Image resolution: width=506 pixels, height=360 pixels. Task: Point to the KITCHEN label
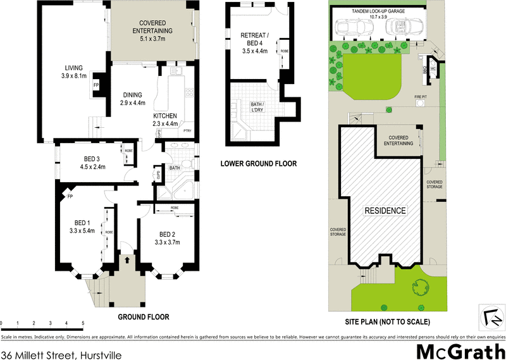[164, 120]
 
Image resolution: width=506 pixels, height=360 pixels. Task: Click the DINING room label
[133, 99]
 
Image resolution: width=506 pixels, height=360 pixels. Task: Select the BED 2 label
[168, 237]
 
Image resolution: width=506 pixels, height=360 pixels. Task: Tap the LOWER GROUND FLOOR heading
[258, 164]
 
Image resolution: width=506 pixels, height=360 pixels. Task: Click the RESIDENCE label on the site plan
[385, 211]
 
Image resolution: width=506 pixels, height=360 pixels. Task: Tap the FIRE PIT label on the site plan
[421, 96]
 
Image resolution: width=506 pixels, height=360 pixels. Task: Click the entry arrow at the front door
[127, 259]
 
